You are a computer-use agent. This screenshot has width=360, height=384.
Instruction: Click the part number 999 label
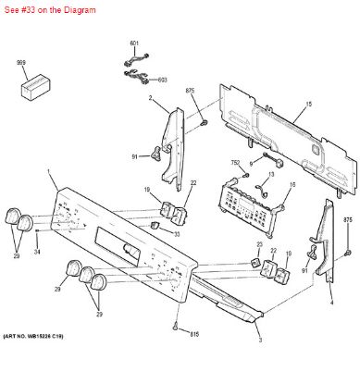point(20,62)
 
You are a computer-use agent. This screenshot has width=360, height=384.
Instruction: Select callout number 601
point(133,44)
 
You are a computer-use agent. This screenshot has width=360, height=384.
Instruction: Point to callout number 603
point(163,80)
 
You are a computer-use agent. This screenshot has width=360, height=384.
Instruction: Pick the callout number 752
point(236,163)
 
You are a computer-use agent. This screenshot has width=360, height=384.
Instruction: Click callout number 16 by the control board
point(292,185)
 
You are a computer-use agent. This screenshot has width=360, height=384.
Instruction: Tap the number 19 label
point(147,190)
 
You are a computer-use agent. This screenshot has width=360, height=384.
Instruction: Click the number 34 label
point(37,252)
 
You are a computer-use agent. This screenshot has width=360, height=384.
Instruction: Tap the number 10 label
point(288,254)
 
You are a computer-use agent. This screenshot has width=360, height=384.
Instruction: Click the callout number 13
point(271,173)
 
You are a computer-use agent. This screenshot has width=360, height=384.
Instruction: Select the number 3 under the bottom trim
point(259,341)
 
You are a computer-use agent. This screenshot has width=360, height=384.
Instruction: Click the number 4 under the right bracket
point(330,303)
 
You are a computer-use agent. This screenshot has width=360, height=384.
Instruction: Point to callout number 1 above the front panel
point(49,175)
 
